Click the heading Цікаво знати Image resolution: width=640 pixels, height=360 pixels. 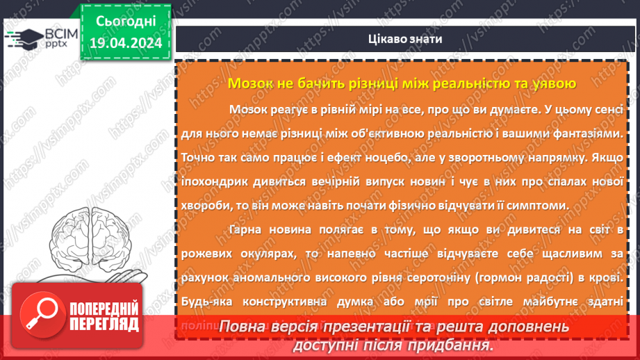click(x=407, y=39)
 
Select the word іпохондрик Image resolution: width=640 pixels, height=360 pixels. click(x=213, y=181)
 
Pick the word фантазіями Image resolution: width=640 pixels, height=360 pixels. click(x=582, y=132)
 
